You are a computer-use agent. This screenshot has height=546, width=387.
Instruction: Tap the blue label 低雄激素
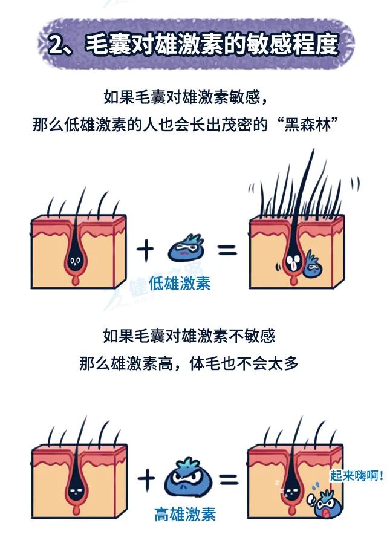point(180,284)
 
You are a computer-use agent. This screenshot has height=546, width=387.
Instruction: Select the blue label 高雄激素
point(184,514)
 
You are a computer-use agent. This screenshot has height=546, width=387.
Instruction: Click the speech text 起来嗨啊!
point(357,475)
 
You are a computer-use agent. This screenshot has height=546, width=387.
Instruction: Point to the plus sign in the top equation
point(145,251)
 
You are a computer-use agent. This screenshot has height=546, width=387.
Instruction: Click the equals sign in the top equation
point(227,250)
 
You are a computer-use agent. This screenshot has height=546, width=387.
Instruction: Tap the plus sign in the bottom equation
point(146,479)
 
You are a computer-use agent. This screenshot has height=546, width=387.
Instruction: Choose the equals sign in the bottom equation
point(229,479)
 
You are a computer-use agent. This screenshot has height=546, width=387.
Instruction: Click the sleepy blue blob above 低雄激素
point(186,248)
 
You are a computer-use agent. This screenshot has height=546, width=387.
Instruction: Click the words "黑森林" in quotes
point(307,125)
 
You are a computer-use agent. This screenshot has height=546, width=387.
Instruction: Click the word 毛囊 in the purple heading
point(106,45)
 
